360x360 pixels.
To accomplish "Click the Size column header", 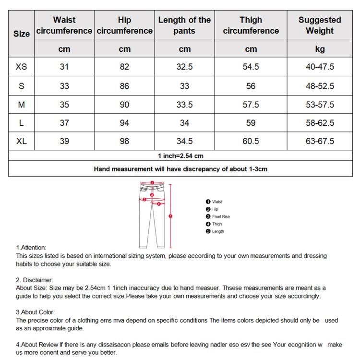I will (21, 34).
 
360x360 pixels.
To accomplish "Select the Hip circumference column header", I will (124, 25).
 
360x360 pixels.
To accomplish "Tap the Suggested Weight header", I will (320, 25).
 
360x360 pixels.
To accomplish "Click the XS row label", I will (21, 67).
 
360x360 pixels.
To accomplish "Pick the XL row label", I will (21, 141).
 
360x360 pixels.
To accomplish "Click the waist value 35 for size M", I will (64, 105).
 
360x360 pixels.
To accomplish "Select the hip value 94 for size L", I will (124, 123).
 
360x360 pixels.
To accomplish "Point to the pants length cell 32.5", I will (184, 67).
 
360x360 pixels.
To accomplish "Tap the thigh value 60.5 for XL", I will (251, 141).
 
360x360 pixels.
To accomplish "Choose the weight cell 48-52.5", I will (320, 86).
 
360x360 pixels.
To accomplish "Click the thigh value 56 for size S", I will (251, 86).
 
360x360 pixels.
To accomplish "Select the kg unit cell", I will (320, 49).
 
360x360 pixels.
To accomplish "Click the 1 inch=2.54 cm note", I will (180, 156).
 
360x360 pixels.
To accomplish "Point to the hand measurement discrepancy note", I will (180, 169).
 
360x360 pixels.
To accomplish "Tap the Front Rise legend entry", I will (220, 216).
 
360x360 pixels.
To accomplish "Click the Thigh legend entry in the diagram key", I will (216, 224).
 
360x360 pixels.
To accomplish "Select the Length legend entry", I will (217, 231).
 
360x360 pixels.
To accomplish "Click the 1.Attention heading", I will (31, 248).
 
